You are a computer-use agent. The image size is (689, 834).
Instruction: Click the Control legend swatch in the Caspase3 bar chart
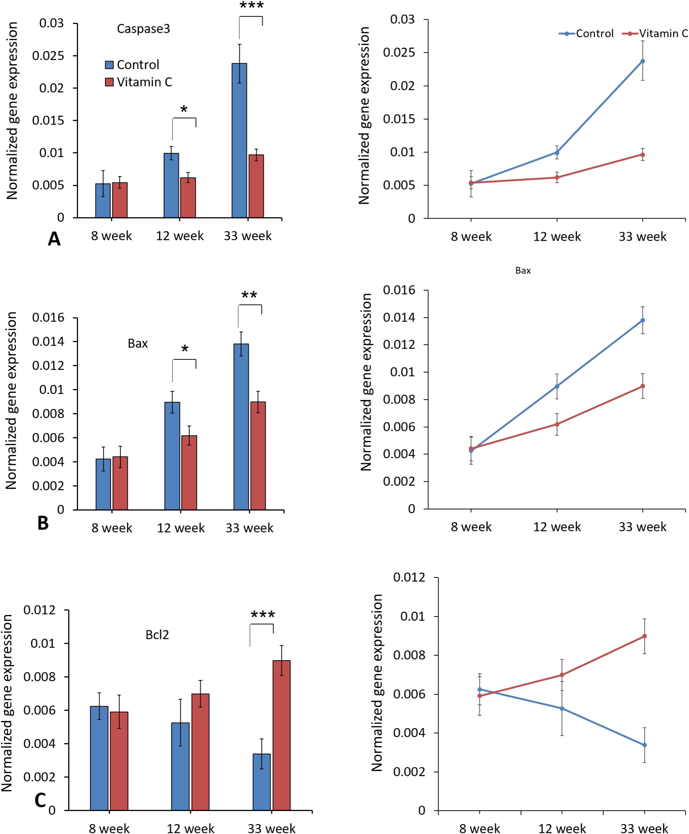(x=109, y=65)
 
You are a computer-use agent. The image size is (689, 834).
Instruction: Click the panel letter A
(x=54, y=239)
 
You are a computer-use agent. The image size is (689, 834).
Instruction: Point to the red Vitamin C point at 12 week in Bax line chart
(x=557, y=424)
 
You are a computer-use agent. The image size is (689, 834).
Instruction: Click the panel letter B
(x=43, y=523)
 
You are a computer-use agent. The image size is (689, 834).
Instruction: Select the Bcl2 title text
(x=157, y=635)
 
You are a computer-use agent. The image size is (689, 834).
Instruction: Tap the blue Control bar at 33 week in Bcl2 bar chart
(x=262, y=782)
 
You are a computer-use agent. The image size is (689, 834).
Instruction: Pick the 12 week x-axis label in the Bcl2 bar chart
(x=190, y=828)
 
